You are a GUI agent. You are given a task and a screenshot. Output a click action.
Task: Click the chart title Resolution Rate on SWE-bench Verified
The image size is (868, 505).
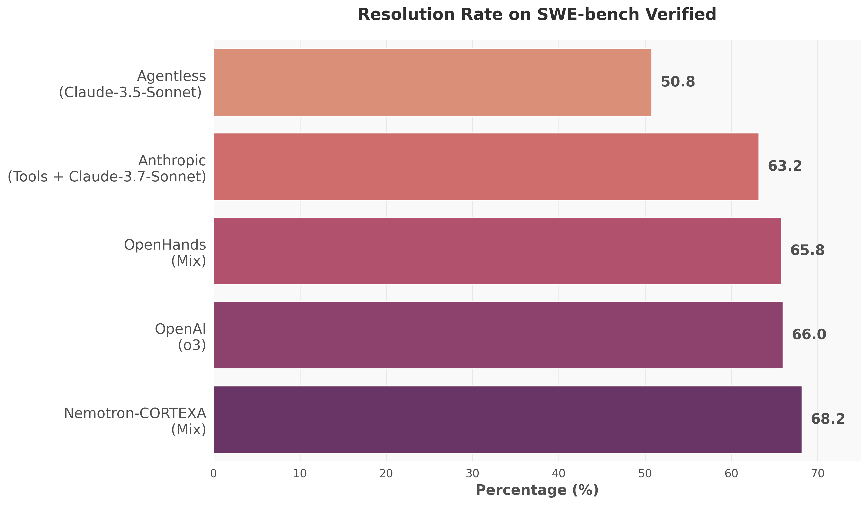(537, 15)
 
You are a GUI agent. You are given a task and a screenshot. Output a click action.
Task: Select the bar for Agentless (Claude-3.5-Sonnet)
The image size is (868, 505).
(433, 82)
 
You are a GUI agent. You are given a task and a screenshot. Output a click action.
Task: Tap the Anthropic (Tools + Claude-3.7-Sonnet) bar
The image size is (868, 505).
(486, 167)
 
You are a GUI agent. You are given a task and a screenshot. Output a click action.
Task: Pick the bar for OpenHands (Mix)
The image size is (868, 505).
(497, 251)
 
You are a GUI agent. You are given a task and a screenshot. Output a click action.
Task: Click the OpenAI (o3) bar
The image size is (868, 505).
(498, 335)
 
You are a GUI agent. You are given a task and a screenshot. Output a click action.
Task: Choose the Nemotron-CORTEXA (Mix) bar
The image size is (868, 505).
(508, 420)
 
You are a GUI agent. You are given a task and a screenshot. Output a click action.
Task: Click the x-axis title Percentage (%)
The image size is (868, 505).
(537, 490)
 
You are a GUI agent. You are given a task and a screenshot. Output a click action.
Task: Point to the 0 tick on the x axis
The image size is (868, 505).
(214, 474)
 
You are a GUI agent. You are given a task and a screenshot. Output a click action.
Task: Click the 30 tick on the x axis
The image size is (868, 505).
(473, 474)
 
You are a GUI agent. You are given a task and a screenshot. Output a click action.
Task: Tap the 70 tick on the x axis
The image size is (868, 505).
(818, 474)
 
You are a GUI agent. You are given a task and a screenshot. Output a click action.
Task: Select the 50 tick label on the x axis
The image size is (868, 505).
(645, 474)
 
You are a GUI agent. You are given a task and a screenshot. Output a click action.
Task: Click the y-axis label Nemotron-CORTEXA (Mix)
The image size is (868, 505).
(135, 421)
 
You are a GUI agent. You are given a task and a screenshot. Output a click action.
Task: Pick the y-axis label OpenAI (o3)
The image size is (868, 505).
(181, 337)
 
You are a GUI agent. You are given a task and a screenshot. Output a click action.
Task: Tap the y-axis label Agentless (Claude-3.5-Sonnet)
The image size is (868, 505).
(132, 84)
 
